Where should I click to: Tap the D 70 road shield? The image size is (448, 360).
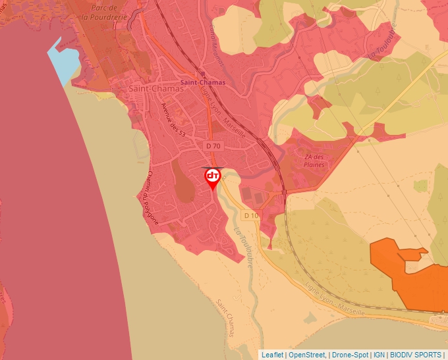pyautogui.click(x=213, y=145)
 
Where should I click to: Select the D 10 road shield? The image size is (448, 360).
pyautogui.click(x=251, y=215)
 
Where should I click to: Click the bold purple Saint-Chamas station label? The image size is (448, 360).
pyautogui.click(x=203, y=83)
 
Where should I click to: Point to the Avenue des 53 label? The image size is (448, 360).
pyautogui.click(x=173, y=120)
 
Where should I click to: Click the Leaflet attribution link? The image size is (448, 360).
pyautogui.click(x=272, y=355)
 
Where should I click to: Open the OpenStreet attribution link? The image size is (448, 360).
pyautogui.click(x=308, y=355)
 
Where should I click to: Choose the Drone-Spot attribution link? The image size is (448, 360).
pyautogui.click(x=350, y=355)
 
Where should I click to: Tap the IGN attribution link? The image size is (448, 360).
pyautogui.click(x=379, y=355)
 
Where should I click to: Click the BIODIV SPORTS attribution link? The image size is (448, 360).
pyautogui.click(x=416, y=355)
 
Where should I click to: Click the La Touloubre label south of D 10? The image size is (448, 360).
pyautogui.click(x=244, y=247)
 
